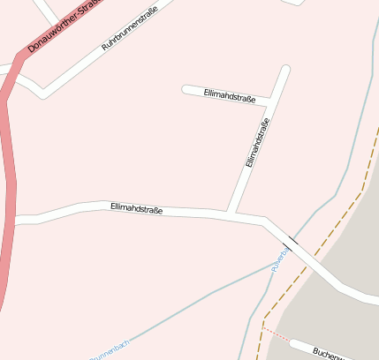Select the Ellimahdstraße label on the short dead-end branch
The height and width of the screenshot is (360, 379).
pyautogui.click(x=229, y=95)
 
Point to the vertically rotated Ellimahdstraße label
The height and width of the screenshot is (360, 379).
pyautogui.click(x=256, y=138)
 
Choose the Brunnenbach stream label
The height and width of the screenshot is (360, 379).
pyautogui.click(x=110, y=349)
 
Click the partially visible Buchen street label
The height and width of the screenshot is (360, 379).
pyautogui.click(x=329, y=353)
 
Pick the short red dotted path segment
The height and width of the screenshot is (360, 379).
pyautogui.click(x=276, y=334)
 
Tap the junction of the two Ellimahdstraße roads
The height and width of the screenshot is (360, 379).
pyautogui.click(x=231, y=214)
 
